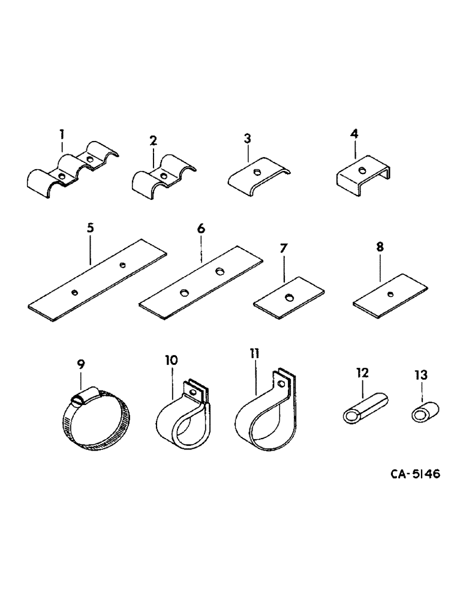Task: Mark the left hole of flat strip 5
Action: (74, 292)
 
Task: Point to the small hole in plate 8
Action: (391, 293)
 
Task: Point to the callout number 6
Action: (201, 228)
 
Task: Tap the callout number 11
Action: (254, 353)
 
